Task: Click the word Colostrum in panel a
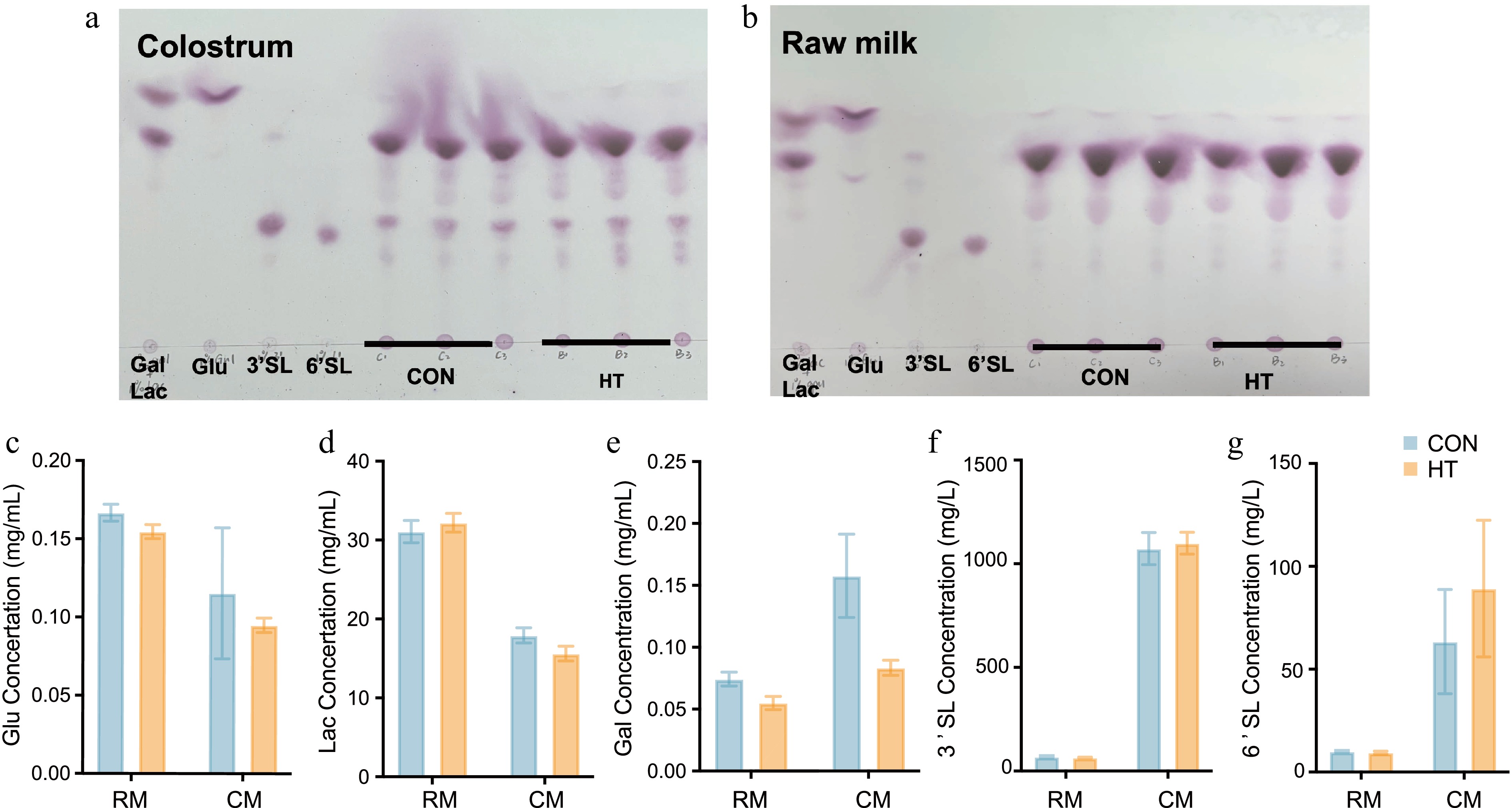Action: [215, 47]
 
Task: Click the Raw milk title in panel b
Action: [849, 44]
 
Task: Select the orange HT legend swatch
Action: [1410, 469]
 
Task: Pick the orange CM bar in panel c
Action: [264, 699]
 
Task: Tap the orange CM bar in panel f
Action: [1187, 657]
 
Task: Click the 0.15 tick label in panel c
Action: [51, 539]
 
